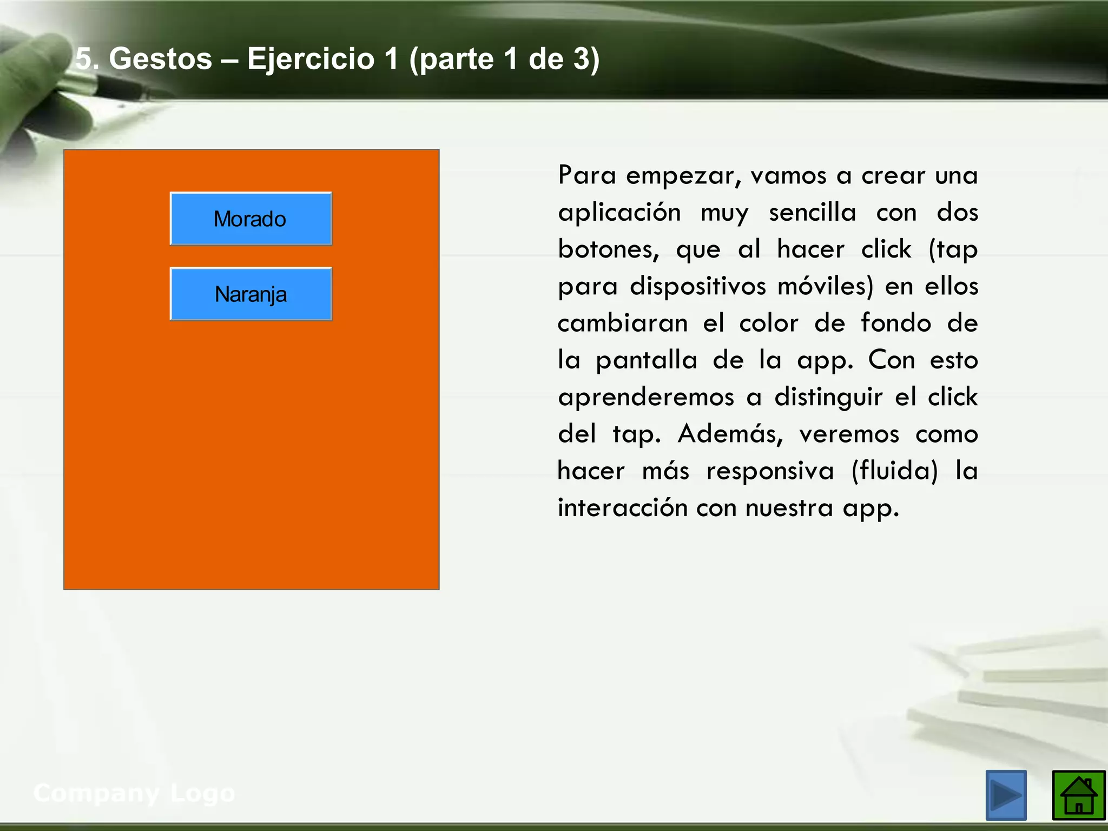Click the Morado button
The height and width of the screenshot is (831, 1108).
250,219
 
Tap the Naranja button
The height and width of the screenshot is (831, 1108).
250,294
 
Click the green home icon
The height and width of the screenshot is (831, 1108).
1078,795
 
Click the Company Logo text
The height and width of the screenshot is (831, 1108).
134,793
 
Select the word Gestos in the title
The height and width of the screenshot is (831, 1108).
160,58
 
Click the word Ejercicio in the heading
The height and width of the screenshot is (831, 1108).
311,58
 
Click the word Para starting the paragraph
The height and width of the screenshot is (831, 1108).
586,175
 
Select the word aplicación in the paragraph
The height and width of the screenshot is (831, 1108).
619,212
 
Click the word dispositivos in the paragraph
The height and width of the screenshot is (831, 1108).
698,286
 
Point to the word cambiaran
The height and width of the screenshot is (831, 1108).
623,323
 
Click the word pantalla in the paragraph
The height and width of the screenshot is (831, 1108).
647,360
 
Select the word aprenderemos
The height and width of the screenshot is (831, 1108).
646,397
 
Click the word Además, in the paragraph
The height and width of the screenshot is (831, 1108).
730,434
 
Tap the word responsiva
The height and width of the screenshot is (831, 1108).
770,471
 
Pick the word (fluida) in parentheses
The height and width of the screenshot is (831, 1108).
894,471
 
